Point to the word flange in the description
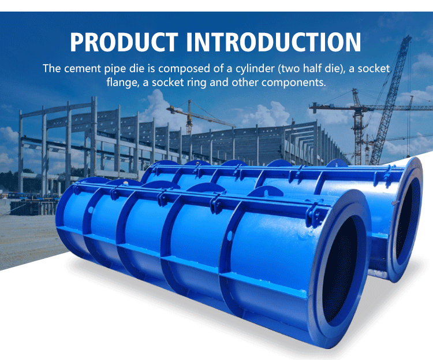[122, 82]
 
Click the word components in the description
[294, 82]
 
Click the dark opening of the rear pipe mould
[408, 220]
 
